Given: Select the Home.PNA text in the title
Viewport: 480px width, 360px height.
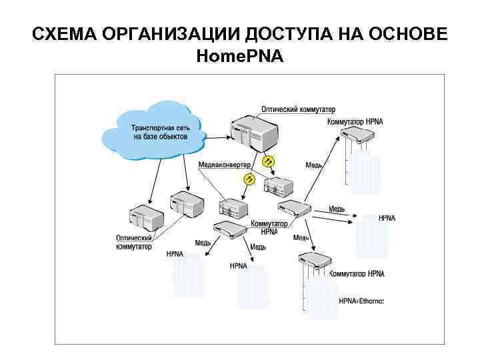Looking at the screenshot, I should click(x=240, y=57).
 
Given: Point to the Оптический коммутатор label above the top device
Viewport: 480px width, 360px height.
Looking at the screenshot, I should click(x=298, y=109).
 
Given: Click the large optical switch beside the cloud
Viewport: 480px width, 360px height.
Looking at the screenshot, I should click(x=253, y=133).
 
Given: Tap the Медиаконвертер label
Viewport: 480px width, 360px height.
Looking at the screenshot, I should click(x=224, y=165).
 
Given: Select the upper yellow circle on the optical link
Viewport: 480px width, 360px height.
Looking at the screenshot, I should click(x=268, y=161).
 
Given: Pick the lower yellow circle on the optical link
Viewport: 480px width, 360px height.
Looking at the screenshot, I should click(x=249, y=179).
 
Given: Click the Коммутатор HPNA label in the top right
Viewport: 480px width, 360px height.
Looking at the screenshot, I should click(x=355, y=122).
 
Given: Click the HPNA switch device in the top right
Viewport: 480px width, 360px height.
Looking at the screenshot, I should click(x=359, y=136).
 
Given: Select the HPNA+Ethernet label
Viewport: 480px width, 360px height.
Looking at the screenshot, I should click(x=361, y=301).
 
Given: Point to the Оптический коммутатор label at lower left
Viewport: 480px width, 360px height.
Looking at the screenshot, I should click(x=134, y=242).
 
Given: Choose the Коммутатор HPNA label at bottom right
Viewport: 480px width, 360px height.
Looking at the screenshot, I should click(x=357, y=274).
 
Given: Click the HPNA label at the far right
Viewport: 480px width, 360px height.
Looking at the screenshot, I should click(x=387, y=218).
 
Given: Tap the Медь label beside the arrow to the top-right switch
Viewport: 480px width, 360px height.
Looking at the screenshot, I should click(x=314, y=165).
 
